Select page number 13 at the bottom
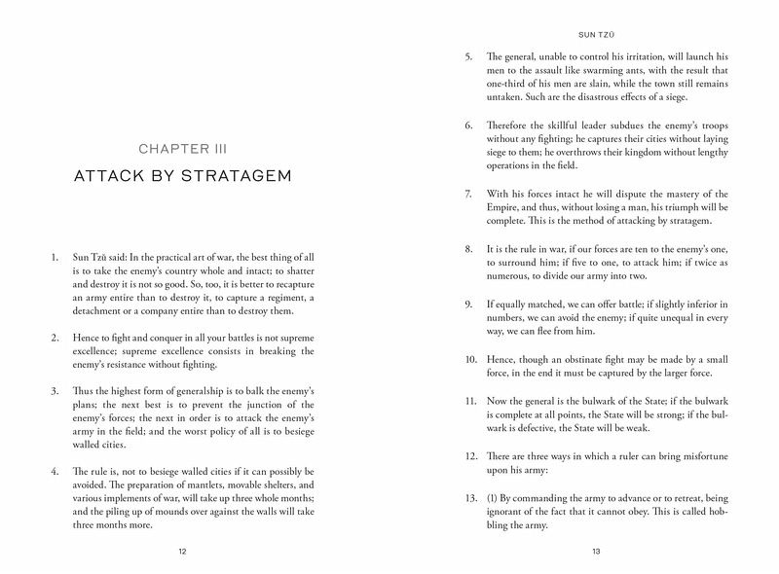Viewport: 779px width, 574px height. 596,551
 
